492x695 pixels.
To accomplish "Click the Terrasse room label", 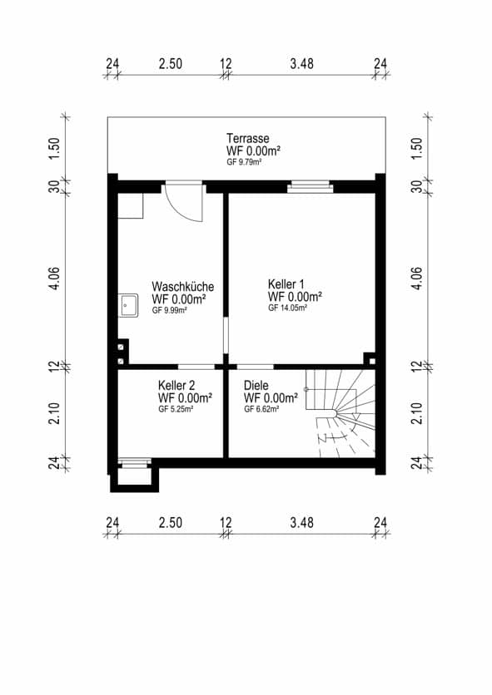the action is pos(248,138).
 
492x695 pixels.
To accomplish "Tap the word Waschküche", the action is pos(182,286).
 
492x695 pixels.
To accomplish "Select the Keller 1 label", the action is pos(286,283).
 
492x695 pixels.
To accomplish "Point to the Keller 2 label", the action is pos(176,385).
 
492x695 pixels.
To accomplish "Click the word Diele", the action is pos(256,385).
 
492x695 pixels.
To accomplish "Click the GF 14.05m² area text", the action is pos(288,308).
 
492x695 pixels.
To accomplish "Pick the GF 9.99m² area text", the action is pos(169,311).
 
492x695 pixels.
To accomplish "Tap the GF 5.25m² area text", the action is pos(176,410).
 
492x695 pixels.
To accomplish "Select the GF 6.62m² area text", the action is pos(261,410).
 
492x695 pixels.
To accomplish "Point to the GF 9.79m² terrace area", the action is pos(244,162).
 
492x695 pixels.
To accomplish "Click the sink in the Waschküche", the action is pos(128,305).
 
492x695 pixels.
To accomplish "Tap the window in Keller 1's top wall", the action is pos(310,186).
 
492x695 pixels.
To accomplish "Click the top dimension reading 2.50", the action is pos(171,64).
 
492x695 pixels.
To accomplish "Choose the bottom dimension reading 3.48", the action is pos(302,523).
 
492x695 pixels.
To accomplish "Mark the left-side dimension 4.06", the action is pos(55,278).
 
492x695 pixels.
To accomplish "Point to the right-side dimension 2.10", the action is pos(416,413).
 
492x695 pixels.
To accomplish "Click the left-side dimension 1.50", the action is pos(55,149).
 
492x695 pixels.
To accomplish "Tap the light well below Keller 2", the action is pos(134,476).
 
